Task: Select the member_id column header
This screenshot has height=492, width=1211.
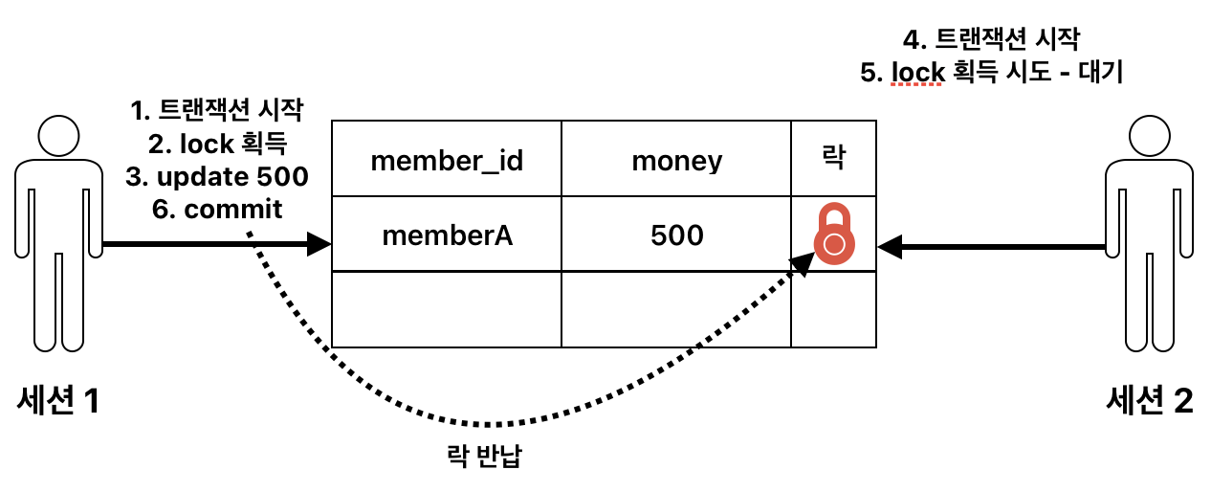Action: pyautogui.click(x=446, y=160)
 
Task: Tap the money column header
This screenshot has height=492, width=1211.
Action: pyautogui.click(x=676, y=160)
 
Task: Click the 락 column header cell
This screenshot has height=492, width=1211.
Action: pyautogui.click(x=833, y=159)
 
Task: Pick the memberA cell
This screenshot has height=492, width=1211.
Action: pyautogui.click(x=447, y=235)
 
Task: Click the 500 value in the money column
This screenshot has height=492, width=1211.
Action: pyautogui.click(x=676, y=235)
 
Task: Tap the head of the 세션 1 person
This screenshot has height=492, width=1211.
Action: pyautogui.click(x=59, y=137)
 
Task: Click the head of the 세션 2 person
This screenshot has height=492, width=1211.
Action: pyautogui.click(x=1149, y=137)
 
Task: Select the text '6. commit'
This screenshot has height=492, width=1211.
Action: pyautogui.click(x=218, y=209)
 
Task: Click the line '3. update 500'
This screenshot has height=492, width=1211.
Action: pyautogui.click(x=217, y=176)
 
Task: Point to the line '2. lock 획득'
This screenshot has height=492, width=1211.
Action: pyautogui.click(x=218, y=144)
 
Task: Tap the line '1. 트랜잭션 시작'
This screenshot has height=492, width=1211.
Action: pyautogui.click(x=217, y=111)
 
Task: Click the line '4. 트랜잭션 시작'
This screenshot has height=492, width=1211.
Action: pyautogui.click(x=991, y=40)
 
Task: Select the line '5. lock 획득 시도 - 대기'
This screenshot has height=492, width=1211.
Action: pyautogui.click(x=991, y=74)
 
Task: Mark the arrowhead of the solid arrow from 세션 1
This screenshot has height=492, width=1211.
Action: pyautogui.click(x=319, y=245)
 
